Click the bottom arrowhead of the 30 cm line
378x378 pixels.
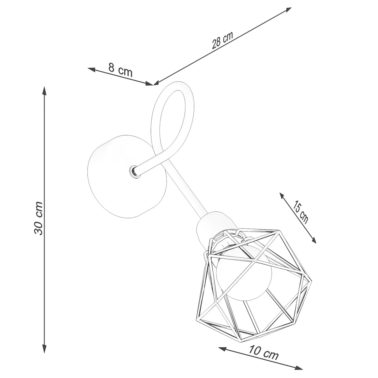[x=44, y=349]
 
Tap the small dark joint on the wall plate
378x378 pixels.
[x=133, y=171]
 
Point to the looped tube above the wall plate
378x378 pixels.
[x=172, y=110]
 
